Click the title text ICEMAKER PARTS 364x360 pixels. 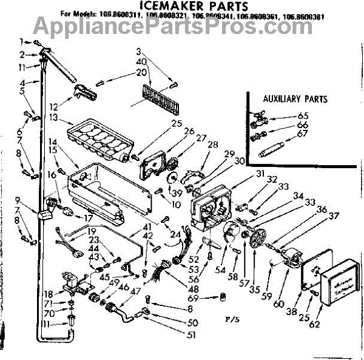pyautogui.click(x=181, y=7)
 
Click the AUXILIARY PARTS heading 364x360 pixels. pyautogui.click(x=295, y=99)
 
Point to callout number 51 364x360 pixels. pyautogui.click(x=193, y=334)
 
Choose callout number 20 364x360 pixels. pyautogui.click(x=141, y=72)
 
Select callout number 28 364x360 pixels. pyautogui.click(x=212, y=144)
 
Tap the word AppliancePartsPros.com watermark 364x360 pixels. pyautogui.click(x=181, y=25)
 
